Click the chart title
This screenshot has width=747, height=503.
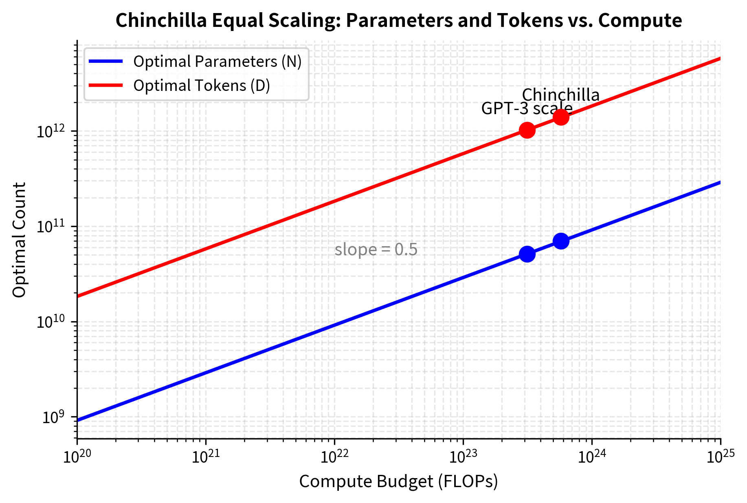[398, 20]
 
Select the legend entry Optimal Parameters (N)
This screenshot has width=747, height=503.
[217, 62]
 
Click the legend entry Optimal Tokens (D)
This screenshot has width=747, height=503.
[202, 86]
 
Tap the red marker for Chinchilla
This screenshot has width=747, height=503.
[561, 117]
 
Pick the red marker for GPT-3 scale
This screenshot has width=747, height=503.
[527, 130]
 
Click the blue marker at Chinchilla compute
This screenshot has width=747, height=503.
[561, 241]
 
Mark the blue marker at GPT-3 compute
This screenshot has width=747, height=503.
[527, 254]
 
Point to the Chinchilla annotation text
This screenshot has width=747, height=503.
[561, 95]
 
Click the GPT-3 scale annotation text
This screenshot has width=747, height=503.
[527, 108]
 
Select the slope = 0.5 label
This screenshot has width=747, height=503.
[376, 249]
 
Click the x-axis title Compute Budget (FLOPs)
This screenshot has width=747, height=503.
[398, 481]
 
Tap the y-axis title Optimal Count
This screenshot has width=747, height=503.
[19, 240]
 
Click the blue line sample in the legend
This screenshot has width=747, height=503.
[106, 62]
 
